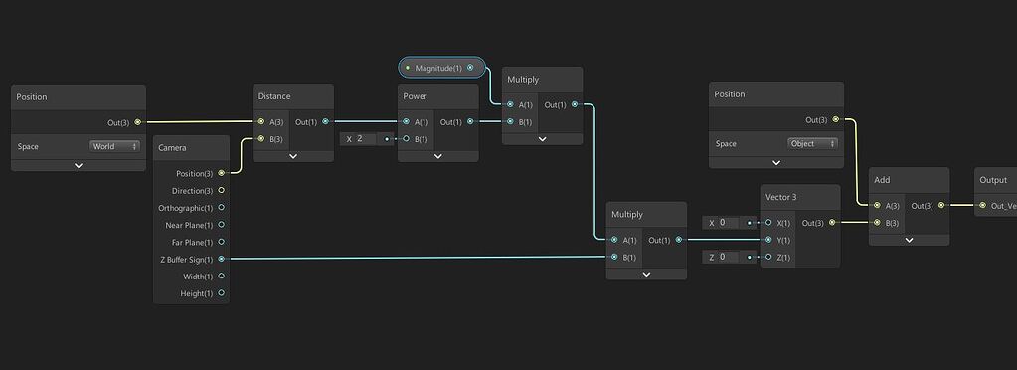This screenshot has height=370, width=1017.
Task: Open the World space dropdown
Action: tap(115, 146)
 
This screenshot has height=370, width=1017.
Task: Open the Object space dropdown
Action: tap(812, 143)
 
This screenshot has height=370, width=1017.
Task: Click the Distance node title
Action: tap(274, 96)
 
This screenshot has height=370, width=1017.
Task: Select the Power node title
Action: tap(415, 96)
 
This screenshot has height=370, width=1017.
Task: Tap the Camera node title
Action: tap(172, 148)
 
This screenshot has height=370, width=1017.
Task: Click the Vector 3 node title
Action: tap(780, 197)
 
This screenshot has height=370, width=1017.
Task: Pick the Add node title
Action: tap(882, 180)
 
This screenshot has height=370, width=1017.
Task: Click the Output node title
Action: tap(993, 180)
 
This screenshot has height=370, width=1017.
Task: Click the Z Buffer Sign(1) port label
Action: tap(187, 259)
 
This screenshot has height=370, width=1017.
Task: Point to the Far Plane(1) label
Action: tap(189, 242)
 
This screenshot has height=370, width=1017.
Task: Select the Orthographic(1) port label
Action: tap(186, 208)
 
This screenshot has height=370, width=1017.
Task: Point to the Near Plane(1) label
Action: tap(188, 225)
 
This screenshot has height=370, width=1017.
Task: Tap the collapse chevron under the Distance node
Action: tap(293, 156)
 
